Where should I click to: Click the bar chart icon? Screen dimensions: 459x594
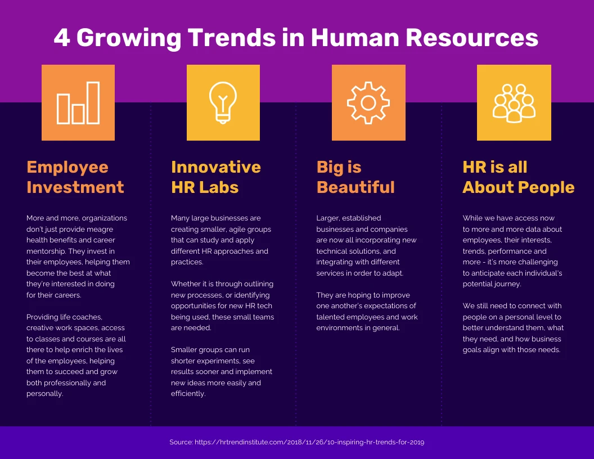click(78, 102)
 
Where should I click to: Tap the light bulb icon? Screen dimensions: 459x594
click(223, 102)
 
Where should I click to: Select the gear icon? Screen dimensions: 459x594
click(368, 102)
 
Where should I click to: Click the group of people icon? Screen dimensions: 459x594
click(514, 102)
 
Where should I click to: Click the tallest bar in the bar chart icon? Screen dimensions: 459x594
click(93, 102)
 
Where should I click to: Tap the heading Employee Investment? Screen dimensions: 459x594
click(75, 177)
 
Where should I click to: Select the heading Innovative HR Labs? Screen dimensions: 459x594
click(215, 177)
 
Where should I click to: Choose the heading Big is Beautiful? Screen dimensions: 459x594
click(355, 177)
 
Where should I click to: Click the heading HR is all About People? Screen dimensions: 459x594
click(518, 177)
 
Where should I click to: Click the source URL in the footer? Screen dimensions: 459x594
click(309, 443)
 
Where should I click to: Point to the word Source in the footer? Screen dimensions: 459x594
click(181, 443)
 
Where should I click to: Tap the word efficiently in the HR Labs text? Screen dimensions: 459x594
click(188, 394)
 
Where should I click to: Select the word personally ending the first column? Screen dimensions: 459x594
click(44, 394)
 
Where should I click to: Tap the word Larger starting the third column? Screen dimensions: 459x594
click(328, 218)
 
